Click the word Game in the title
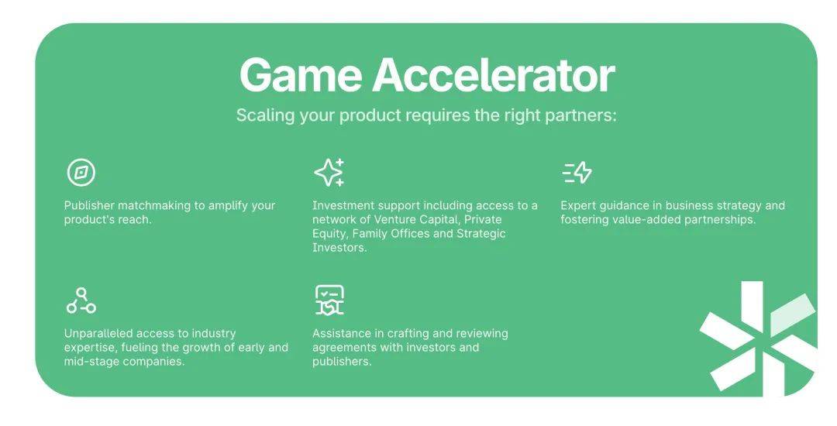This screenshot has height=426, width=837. [301, 74]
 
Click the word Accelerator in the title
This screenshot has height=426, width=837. [494, 74]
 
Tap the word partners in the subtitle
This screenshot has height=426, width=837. [580, 115]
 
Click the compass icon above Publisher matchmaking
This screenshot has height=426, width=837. [81, 173]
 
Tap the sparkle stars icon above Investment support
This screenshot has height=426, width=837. [329, 172]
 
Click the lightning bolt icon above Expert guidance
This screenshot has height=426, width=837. [577, 173]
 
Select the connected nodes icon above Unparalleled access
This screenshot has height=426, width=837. [81, 301]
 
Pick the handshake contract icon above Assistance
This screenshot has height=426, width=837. [329, 301]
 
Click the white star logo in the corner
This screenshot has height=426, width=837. [758, 338]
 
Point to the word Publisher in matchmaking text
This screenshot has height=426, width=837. [89, 205]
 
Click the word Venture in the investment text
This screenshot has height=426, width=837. [395, 220]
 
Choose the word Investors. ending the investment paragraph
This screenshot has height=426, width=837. [339, 248]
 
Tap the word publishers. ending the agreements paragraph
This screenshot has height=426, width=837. [342, 362]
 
